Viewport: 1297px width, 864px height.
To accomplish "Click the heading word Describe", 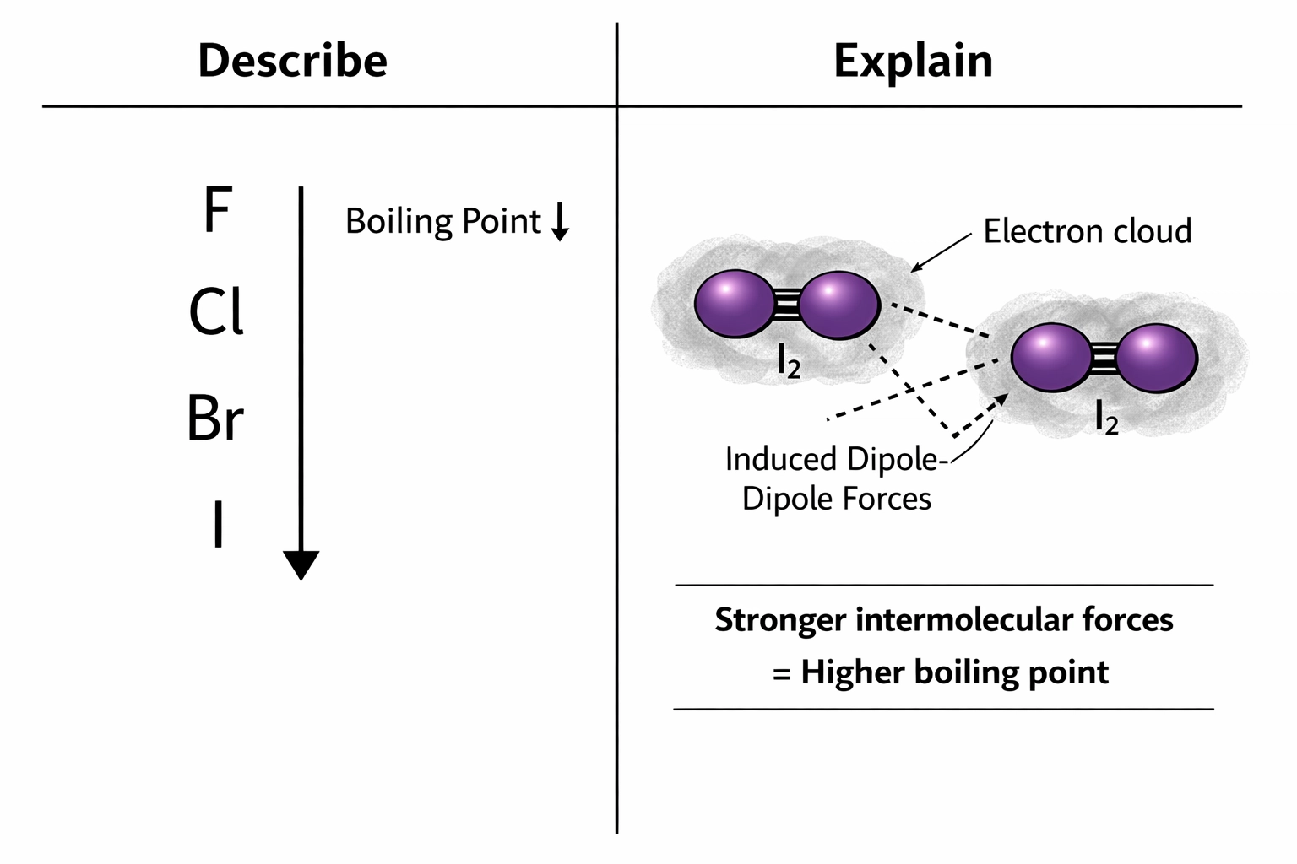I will coord(292,61).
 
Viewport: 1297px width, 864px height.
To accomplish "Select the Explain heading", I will coord(913,61).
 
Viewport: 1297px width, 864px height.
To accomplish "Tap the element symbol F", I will coord(217,211).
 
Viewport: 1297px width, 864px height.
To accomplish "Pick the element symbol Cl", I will coord(216,312).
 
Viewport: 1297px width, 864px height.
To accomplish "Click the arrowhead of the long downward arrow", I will coord(301,564).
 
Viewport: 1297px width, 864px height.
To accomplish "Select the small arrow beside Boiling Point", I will coord(560,223).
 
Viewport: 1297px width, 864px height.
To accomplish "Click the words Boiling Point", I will coord(442,222).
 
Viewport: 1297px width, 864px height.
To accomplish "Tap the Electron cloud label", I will coord(1087,231).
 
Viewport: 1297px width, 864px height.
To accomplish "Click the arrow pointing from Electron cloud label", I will coord(941,253).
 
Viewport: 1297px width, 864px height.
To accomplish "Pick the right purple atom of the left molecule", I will coord(838,305).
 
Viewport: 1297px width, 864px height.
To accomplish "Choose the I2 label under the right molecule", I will coord(1106,417).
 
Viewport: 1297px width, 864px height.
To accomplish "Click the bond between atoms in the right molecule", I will coord(1102,359).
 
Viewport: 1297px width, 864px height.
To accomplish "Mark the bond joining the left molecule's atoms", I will coord(785,305).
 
